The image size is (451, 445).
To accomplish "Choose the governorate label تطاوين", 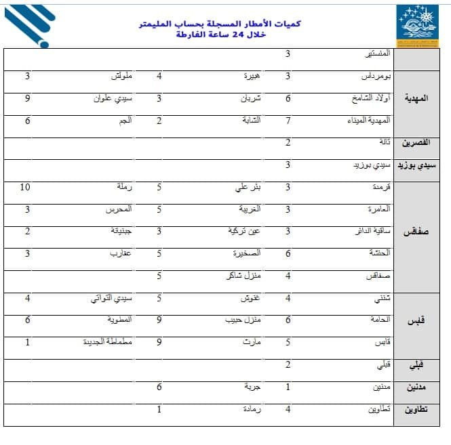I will [420, 410].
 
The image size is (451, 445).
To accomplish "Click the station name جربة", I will [253, 387].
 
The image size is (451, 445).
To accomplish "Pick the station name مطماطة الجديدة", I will [106, 343].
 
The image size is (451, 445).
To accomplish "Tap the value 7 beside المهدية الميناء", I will [288, 121].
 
